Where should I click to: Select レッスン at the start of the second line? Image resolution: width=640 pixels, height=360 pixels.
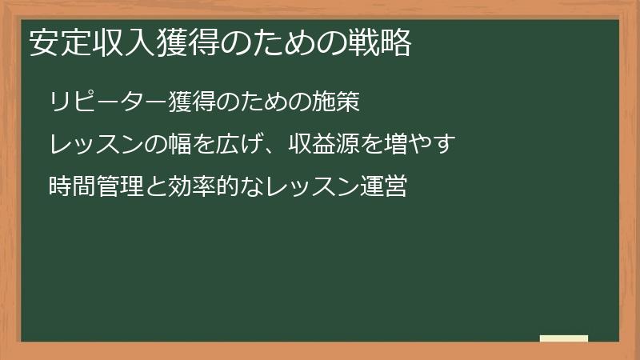[x=90, y=146]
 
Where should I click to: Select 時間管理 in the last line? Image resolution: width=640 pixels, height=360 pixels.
[x=90, y=189]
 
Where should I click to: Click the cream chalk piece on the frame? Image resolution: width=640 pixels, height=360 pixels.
[x=563, y=338]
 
